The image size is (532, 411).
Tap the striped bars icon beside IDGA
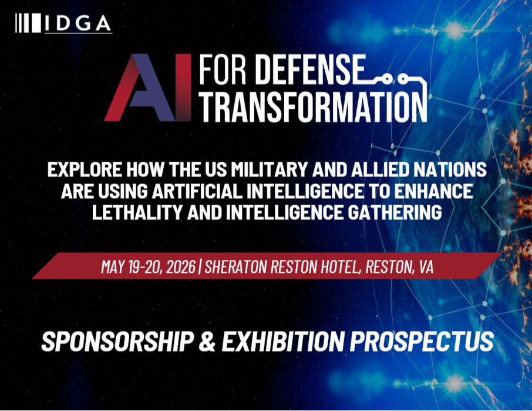click(28, 24)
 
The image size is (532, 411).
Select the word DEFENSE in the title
click(309, 72)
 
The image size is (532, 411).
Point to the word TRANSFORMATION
click(312, 108)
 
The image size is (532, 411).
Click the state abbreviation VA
click(426, 266)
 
